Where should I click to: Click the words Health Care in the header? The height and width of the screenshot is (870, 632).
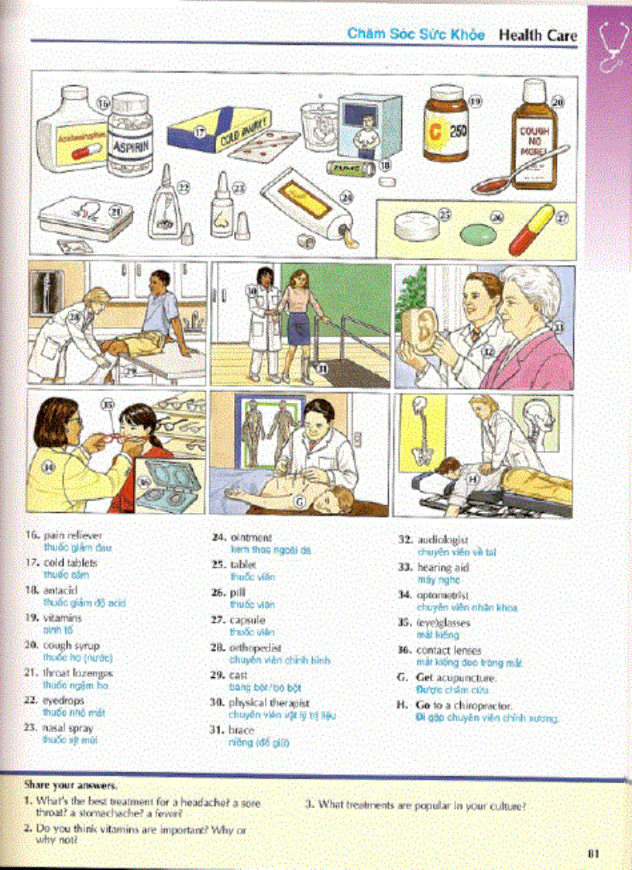coord(537,34)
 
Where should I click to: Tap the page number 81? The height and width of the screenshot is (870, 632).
coord(594,854)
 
